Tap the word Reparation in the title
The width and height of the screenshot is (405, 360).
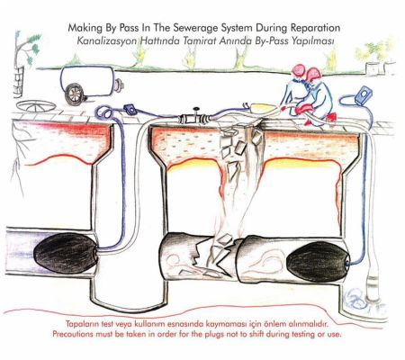(315, 28)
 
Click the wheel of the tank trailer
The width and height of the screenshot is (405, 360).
(74, 94)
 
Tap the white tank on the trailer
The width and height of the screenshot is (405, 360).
(88, 80)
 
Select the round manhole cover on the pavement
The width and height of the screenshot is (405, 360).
(36, 106)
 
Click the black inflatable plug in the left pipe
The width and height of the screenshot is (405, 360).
(66, 254)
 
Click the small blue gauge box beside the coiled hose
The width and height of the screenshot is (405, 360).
(130, 109)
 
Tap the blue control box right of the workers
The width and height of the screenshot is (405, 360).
(364, 95)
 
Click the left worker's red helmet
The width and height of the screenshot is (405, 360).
(299, 70)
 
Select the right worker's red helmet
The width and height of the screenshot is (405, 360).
(312, 74)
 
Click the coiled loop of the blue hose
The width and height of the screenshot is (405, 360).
(104, 113)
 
